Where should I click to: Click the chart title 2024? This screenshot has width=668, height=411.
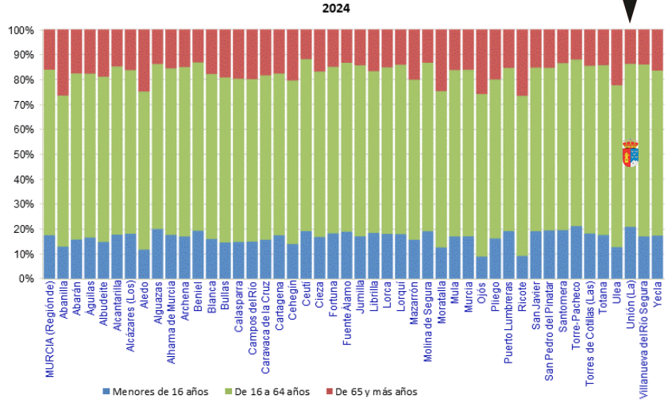click(334, 9)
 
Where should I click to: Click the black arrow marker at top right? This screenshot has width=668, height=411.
click(630, 11)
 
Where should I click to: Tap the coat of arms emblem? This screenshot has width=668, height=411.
click(630, 153)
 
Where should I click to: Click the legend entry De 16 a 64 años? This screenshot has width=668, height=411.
click(271, 392)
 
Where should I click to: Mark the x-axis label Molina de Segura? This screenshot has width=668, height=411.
click(427, 322)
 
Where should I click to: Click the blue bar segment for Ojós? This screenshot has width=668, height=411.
click(481, 267)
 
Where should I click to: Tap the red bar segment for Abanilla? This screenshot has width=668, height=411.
click(63, 63)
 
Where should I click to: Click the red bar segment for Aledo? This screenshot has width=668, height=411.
click(144, 60)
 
